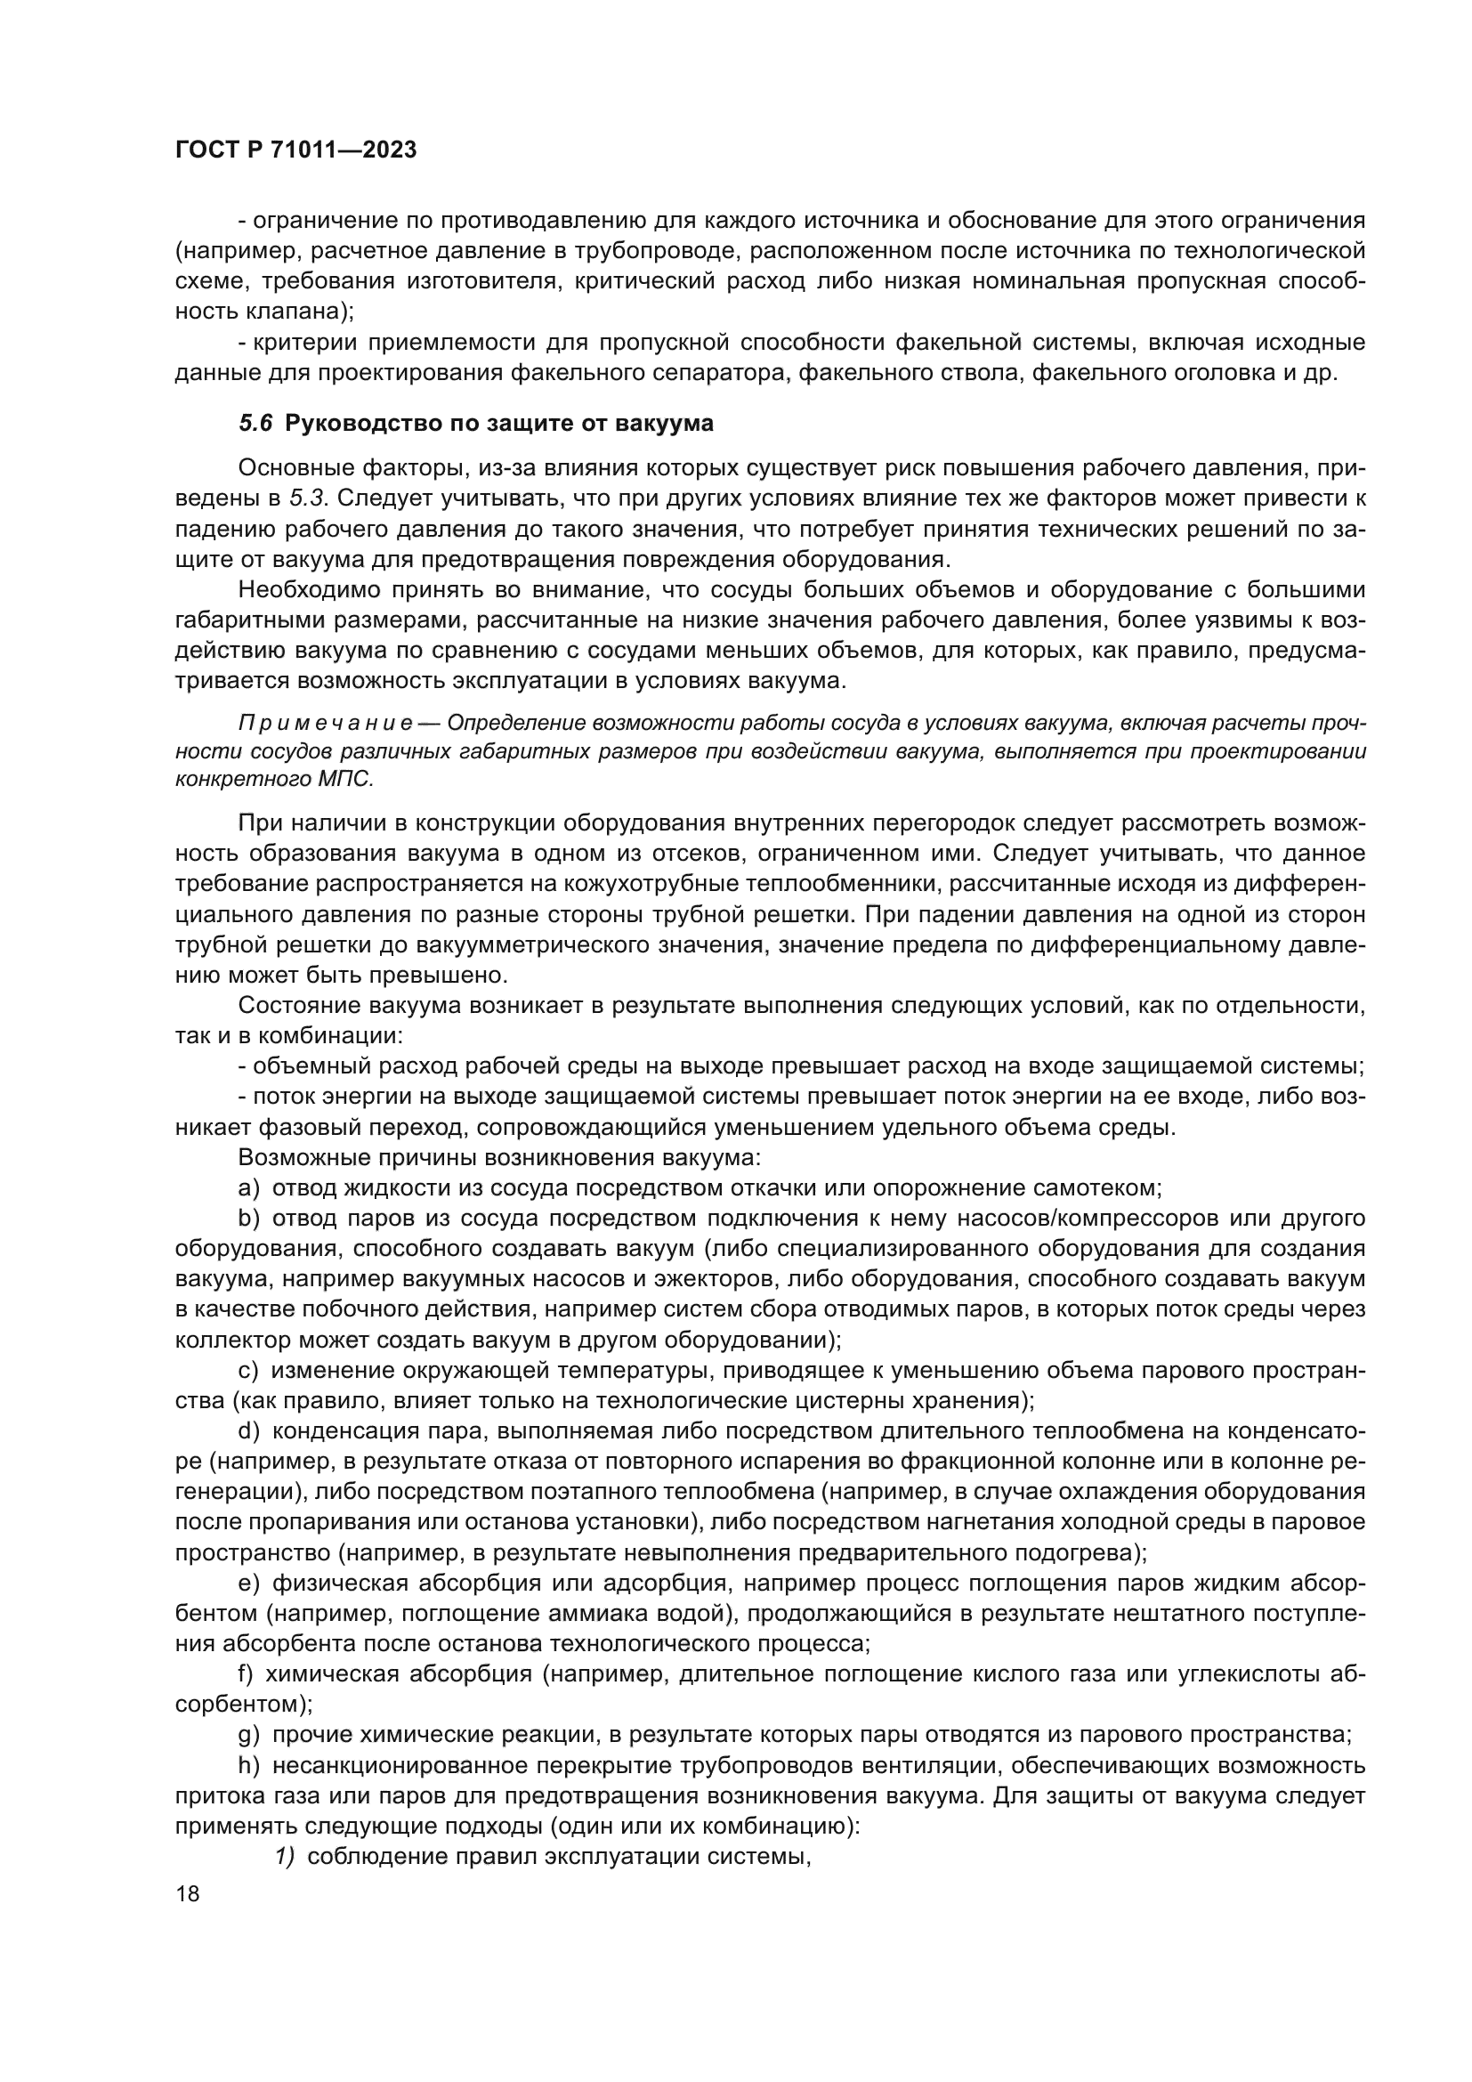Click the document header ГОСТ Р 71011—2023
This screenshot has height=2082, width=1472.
coord(295,150)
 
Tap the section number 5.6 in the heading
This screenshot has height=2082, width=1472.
coord(255,424)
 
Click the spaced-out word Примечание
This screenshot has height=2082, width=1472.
coord(326,723)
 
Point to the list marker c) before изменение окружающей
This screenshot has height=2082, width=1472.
coord(248,1370)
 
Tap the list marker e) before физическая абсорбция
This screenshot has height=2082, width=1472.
coord(248,1584)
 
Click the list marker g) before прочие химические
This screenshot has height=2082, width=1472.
coord(248,1736)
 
